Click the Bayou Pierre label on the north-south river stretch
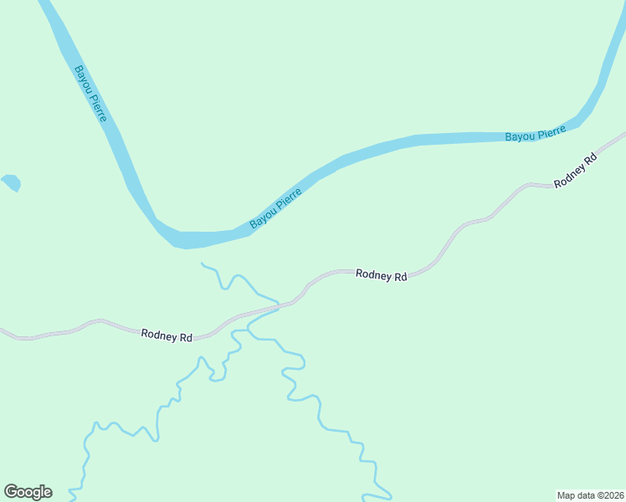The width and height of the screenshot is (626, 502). coord(90,94)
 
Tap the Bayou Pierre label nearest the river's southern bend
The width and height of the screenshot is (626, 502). coord(275,207)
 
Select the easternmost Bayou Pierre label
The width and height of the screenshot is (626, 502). coord(536,133)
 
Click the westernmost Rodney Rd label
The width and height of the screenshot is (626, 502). coord(167,336)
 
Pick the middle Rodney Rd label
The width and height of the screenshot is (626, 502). coord(381,274)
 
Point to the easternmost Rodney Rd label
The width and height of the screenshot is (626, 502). coord(577,170)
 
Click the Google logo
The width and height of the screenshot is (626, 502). coord(28,492)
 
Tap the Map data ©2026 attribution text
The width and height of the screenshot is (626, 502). coord(590,494)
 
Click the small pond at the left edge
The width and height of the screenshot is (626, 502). coord(11,182)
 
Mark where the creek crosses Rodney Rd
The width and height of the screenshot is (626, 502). coord(278,307)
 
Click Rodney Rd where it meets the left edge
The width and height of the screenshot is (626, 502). coord(3,332)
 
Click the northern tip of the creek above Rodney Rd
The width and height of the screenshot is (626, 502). coord(203,264)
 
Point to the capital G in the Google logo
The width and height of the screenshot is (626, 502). coord(11,492)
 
